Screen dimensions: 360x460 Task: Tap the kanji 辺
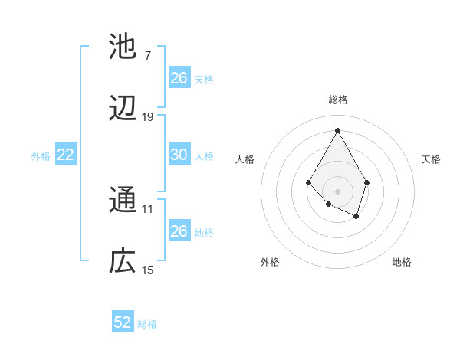[x=123, y=109]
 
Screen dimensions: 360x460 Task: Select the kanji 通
[x=123, y=201]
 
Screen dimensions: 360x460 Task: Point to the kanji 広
[x=123, y=262]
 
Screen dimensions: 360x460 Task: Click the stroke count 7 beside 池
[x=147, y=55]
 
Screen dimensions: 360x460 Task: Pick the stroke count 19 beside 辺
[x=148, y=116]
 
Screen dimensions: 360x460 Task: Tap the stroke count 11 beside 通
[x=148, y=208]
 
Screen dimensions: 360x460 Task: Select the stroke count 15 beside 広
[x=148, y=270]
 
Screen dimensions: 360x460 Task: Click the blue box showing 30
[x=179, y=155]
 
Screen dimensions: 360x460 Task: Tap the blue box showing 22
[x=65, y=155]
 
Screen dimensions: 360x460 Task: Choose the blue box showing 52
[x=123, y=322]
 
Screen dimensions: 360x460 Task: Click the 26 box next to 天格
[x=179, y=78]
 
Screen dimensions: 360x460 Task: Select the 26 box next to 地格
[x=179, y=231]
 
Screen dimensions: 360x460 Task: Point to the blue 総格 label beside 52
[x=147, y=324]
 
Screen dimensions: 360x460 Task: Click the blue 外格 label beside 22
[x=41, y=156]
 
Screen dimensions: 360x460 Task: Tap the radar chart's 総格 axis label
[x=337, y=100]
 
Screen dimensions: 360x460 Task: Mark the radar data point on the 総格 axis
[x=337, y=129]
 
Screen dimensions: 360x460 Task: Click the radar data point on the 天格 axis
[x=367, y=182]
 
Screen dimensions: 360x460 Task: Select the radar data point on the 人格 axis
[x=308, y=182]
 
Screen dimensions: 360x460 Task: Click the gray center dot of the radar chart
[x=337, y=191]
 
